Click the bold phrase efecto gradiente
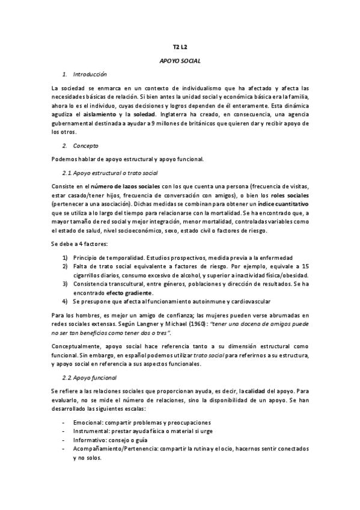tap(128, 292)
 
